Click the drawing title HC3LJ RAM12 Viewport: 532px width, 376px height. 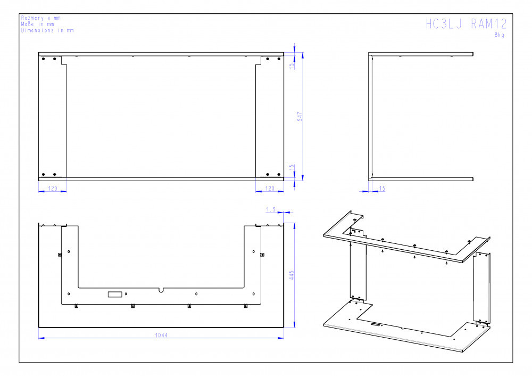coord(466,24)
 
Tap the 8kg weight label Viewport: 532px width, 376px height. coord(499,35)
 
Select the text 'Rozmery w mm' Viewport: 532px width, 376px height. coord(41,18)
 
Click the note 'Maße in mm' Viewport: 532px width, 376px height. coord(37,24)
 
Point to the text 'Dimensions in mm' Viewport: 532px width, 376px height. coord(47,30)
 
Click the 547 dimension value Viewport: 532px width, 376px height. coord(300,117)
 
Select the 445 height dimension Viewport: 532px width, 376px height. coord(292,275)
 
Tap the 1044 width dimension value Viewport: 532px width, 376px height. coord(162,335)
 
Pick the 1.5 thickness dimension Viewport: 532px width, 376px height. coord(271,209)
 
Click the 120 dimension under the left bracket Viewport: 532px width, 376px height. coord(53,189)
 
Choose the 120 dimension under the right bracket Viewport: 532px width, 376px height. coord(270,189)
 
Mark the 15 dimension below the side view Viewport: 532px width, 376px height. coord(382,189)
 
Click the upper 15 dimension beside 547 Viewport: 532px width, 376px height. coord(292,66)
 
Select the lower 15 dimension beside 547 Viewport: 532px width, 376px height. coord(292,168)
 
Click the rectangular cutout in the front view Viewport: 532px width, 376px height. coord(115,294)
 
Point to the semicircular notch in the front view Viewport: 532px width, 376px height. coord(161,290)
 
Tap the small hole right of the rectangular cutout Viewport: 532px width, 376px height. coord(126,294)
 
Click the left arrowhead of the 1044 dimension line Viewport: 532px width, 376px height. coord(41,338)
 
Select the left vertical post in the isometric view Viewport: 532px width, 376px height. coord(358,272)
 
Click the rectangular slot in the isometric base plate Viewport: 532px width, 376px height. coord(375,324)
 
